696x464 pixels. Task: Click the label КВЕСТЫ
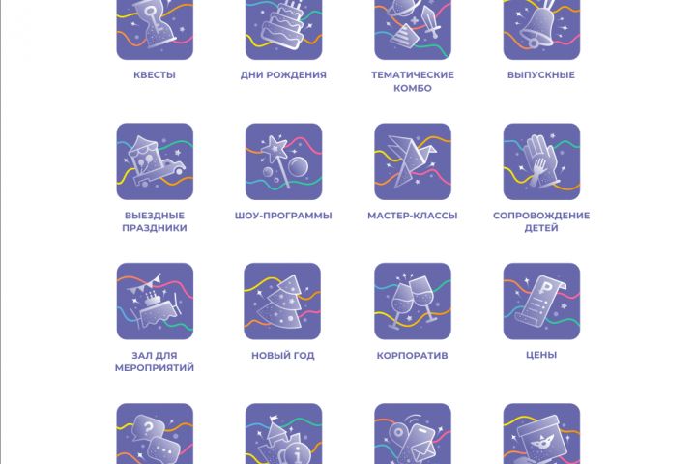[155, 75]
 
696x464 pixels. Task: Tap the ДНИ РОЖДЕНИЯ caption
[283, 75]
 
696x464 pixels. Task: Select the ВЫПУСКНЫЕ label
[541, 75]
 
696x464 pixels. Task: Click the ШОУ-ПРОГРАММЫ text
[283, 216]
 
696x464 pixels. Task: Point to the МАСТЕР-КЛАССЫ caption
[413, 216]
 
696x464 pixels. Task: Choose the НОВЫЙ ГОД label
[282, 355]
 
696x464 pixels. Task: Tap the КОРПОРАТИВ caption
[413, 355]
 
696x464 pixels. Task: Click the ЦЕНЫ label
[541, 355]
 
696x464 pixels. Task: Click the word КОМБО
[413, 88]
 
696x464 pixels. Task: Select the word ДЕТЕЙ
[541, 228]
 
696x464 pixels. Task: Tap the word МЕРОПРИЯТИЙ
[155, 367]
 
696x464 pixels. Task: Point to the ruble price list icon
[541, 302]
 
